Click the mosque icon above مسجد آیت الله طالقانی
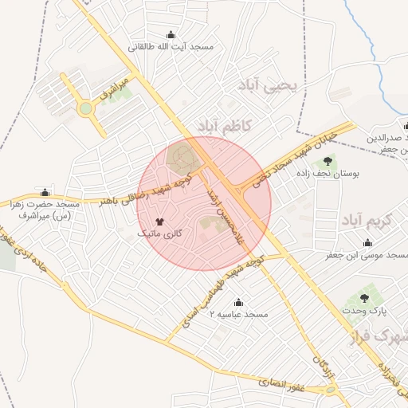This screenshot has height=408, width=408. [x=170, y=35]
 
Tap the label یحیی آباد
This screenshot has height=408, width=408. [x=268, y=84]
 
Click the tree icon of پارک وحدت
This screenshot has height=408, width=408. [x=364, y=298]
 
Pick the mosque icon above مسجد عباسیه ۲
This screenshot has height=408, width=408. [x=238, y=302]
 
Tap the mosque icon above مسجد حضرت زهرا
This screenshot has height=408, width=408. [x=45, y=192]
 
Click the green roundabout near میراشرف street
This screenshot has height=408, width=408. [x=85, y=108]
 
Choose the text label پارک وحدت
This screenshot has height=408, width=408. [x=365, y=310]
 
